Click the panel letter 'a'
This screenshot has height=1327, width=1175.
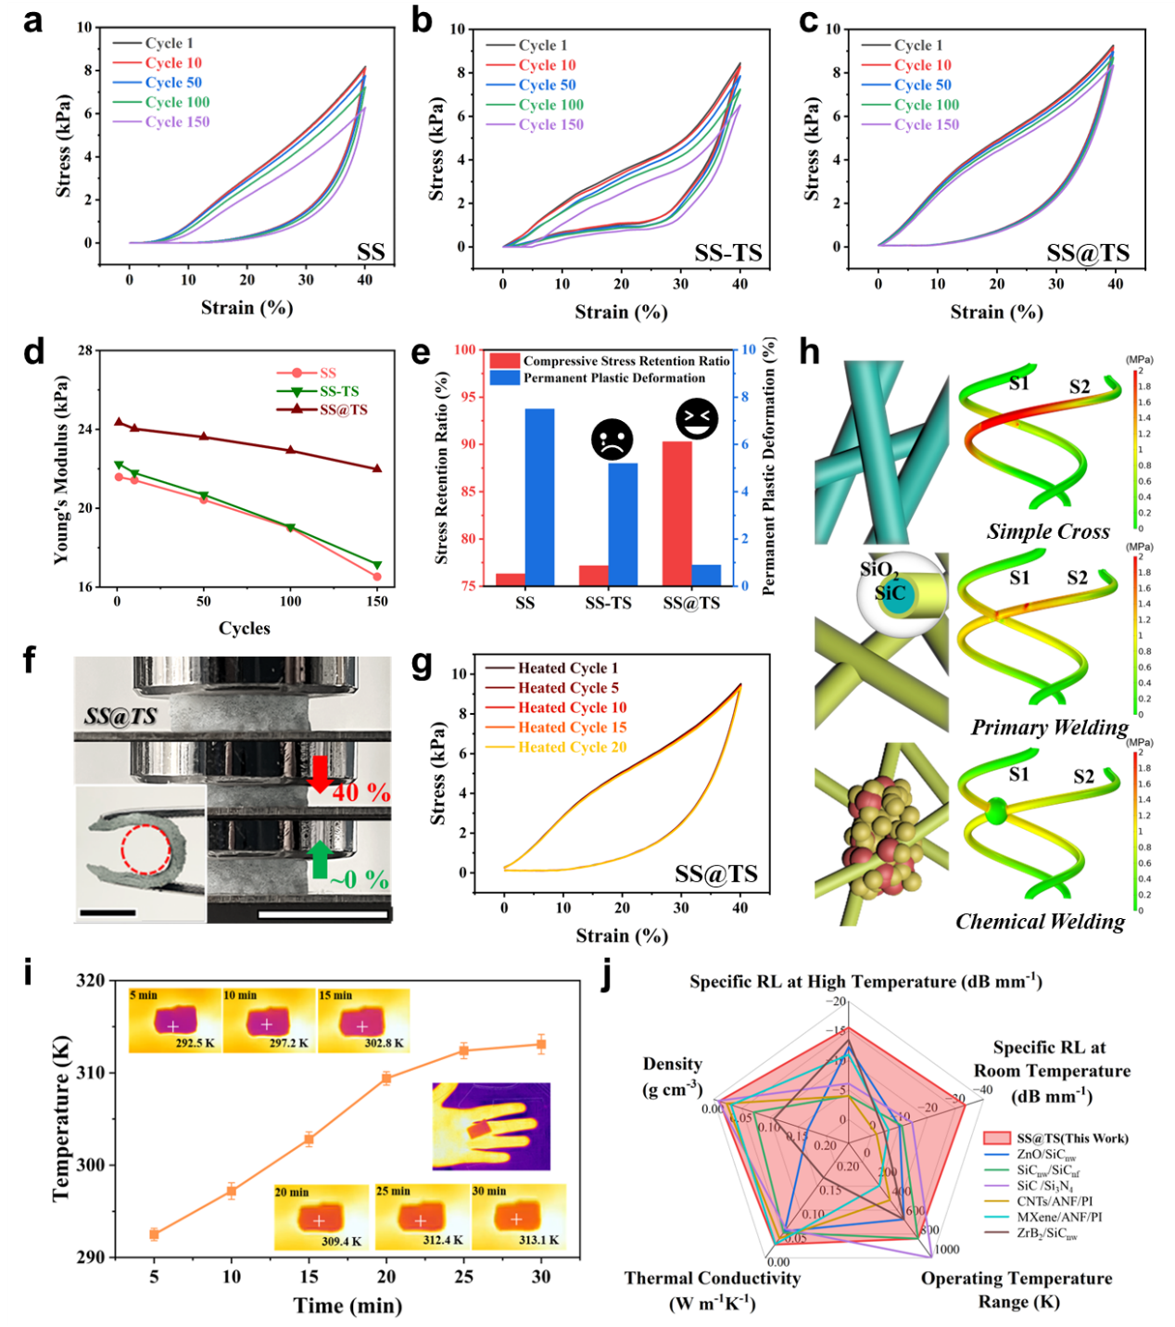32,20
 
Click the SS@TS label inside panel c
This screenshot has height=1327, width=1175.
1087,253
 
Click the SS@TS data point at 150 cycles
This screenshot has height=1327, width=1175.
377,469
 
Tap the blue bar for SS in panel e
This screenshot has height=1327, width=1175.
539,497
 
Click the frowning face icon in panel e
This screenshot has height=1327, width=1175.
612,440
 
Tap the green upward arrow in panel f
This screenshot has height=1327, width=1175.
320,859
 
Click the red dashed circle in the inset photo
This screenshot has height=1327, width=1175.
145,849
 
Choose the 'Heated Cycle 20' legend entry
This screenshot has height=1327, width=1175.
572,747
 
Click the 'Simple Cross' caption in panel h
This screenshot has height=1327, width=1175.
1048,531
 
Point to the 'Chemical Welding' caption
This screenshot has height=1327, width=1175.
1040,921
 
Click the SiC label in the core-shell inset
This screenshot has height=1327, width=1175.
891,593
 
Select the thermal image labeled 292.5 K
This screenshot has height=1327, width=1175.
175,1021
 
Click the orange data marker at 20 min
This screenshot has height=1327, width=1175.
386,1078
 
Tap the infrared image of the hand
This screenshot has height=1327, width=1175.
491,1126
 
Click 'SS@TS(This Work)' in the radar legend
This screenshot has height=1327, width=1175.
1072,1138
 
